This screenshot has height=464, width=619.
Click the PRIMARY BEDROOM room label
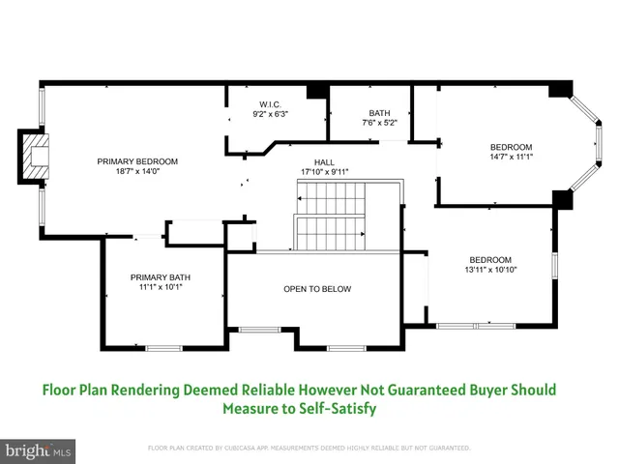[137, 160]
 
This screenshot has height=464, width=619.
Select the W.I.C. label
[270, 103]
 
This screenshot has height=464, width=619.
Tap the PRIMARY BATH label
[161, 276]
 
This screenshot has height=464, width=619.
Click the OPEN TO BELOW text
[316, 289]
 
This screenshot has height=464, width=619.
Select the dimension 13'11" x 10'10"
[490, 270]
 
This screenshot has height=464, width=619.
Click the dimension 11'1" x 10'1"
[161, 287]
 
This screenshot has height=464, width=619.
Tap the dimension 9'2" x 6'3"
[270, 114]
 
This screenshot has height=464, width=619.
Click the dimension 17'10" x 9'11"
[324, 172]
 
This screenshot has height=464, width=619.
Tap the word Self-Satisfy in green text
[338, 409]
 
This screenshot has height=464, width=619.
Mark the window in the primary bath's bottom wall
[163, 347]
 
